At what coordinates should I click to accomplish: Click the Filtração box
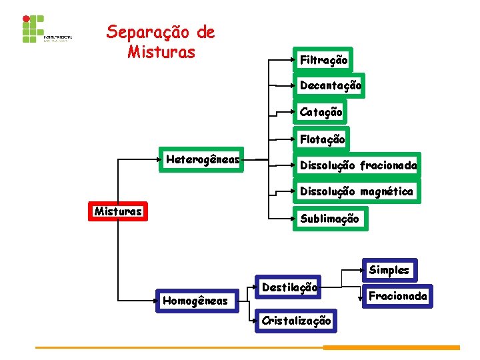tap(323, 60)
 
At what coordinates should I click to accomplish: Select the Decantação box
tap(330, 85)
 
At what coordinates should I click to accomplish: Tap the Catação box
tap(321, 112)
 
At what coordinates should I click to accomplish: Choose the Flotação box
tap(322, 139)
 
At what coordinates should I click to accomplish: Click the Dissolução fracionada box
tap(358, 165)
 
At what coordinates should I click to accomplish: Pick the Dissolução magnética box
tap(356, 191)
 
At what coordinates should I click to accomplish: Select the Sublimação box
tap(329, 218)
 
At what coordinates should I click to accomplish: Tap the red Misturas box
tap(118, 212)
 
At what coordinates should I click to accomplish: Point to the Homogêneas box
tap(195, 301)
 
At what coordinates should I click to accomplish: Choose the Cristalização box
tap(295, 320)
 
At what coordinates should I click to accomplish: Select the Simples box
tap(389, 270)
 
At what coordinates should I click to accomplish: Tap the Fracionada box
tap(397, 295)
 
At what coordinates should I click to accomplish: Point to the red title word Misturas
tap(161, 51)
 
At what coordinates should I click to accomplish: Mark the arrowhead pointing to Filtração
tap(292, 61)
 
